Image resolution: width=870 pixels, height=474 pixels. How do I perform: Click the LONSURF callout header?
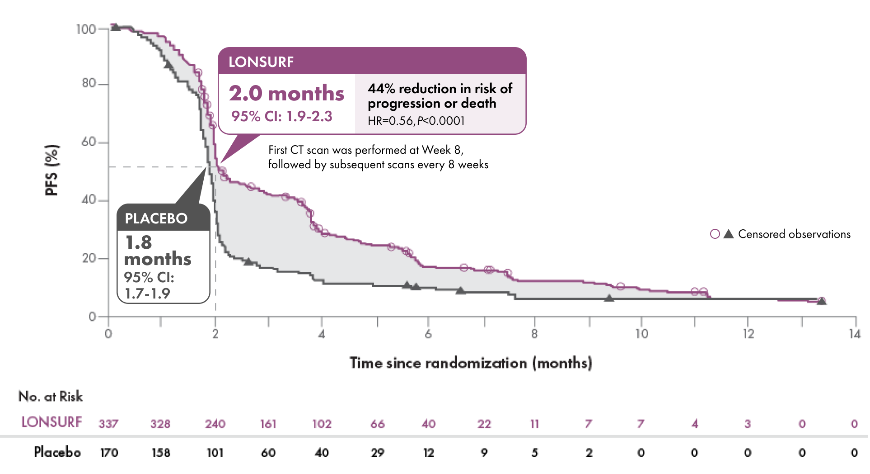[x=371, y=62]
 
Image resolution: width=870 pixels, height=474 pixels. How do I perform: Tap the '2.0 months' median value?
[x=286, y=94]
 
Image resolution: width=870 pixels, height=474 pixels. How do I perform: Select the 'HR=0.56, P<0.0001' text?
[x=416, y=121]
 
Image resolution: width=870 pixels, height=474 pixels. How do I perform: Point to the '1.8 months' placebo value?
[x=157, y=251]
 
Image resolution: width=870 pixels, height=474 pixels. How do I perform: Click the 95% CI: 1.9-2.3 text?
[x=281, y=116]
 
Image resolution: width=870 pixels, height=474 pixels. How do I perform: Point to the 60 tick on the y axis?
[x=89, y=142]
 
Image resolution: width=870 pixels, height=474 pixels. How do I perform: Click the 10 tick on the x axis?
[x=641, y=334]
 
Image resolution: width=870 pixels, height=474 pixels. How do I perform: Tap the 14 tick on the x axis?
[x=855, y=334]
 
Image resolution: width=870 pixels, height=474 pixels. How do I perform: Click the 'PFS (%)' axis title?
[x=52, y=170]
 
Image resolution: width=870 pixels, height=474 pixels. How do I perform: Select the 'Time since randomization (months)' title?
[x=471, y=363]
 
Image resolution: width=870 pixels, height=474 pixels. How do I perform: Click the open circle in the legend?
[x=715, y=234]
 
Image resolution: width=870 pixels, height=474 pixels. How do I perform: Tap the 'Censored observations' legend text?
[x=794, y=234]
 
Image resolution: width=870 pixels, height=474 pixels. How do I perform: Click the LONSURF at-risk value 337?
[x=108, y=424]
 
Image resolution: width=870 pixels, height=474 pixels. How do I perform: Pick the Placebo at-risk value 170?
[x=109, y=452]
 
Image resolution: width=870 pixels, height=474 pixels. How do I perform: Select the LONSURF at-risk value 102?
[x=322, y=424]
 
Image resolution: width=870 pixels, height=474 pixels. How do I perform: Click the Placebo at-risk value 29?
[x=377, y=452]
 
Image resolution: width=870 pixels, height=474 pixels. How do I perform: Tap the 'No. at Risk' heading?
[x=51, y=396]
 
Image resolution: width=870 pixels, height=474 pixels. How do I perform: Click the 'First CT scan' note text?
[x=378, y=157]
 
